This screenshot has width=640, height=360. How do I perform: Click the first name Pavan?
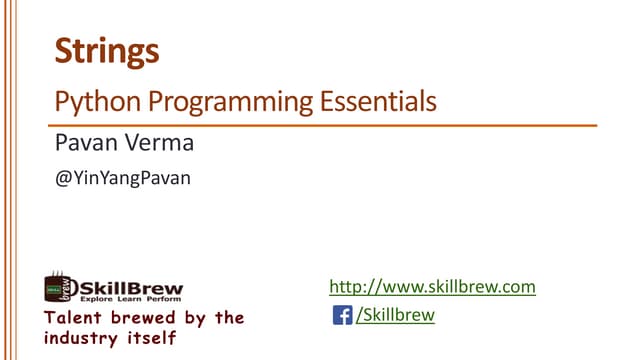83,145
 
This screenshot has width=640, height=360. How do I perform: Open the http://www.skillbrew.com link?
433,287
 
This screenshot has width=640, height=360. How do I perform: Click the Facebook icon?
343,316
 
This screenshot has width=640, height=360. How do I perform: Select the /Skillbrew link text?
396,316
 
